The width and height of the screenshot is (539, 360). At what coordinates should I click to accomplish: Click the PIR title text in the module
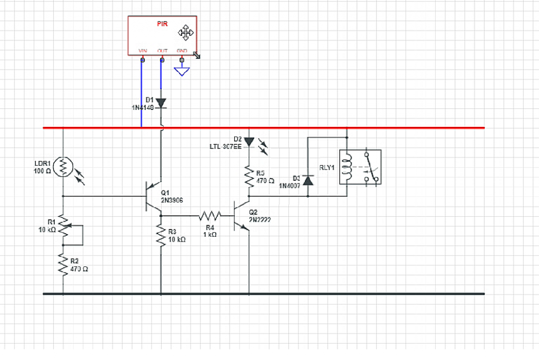coord(162,24)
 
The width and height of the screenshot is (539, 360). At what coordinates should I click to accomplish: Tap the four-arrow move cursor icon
coord(186,33)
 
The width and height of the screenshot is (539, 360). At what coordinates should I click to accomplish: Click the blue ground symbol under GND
coord(182,70)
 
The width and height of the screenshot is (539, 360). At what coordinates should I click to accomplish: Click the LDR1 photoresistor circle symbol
coord(63,167)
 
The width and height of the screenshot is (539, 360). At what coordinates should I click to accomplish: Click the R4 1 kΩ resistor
coord(210,215)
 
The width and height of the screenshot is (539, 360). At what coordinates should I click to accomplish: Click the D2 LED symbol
coord(249,142)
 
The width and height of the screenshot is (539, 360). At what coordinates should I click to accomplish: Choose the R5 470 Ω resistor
coord(249,176)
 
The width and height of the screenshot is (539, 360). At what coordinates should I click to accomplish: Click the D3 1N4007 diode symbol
coord(308,180)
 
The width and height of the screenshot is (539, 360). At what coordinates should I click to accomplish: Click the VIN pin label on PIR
coord(142,51)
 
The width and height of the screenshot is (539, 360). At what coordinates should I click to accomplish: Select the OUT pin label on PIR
coord(162,51)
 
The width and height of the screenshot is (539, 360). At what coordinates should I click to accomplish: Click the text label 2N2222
coord(260,219)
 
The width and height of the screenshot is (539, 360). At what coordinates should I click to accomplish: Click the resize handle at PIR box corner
coord(196,54)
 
